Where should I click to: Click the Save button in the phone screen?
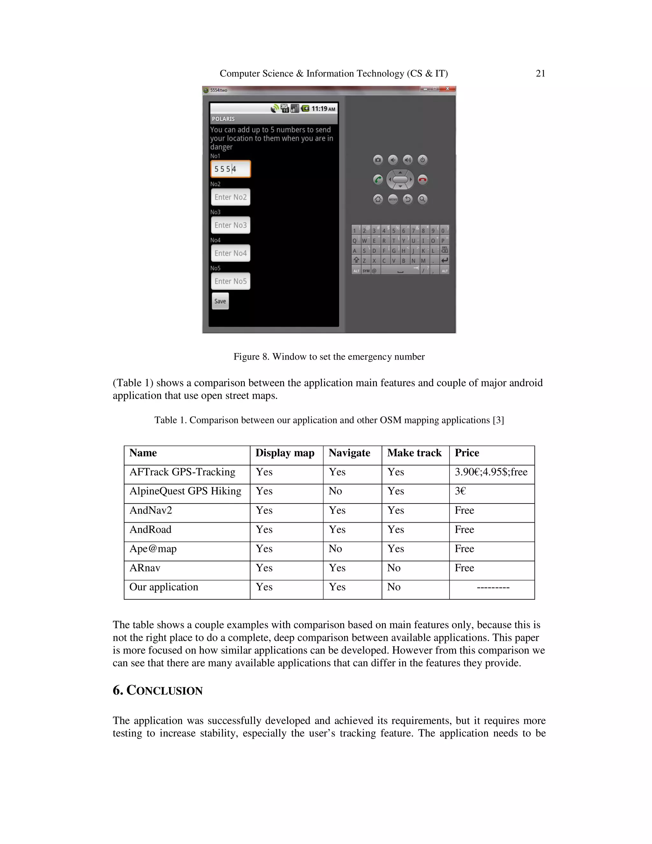[x=220, y=301]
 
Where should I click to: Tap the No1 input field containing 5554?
[x=230, y=169]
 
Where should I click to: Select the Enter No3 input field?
[x=230, y=225]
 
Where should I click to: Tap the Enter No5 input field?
[x=230, y=281]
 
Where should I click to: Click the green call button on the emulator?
[x=378, y=180]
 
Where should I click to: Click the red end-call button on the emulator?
[x=422, y=180]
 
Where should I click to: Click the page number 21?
[x=540, y=74]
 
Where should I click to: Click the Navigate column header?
[x=349, y=453]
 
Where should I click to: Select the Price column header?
[x=467, y=453]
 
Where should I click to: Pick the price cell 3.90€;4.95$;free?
[x=491, y=472]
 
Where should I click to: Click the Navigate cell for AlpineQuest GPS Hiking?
[x=335, y=491]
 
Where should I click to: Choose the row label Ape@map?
[x=153, y=549]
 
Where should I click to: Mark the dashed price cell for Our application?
[x=493, y=587]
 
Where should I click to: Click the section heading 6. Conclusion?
[x=158, y=690]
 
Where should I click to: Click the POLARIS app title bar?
[x=273, y=119]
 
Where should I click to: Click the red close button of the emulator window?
[x=447, y=89]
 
